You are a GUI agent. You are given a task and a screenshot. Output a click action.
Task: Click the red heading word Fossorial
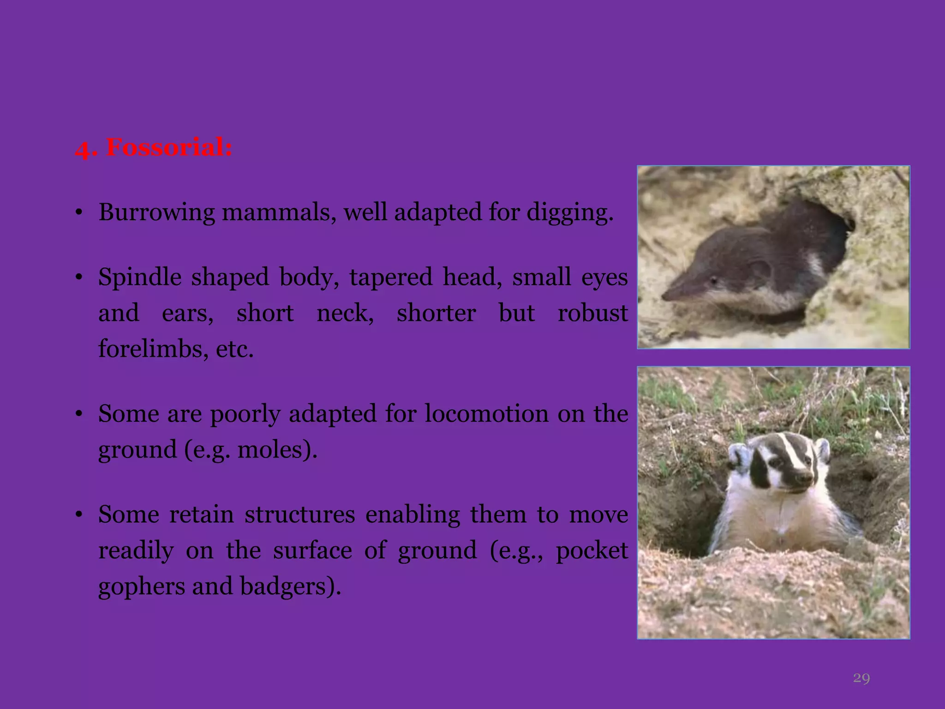(x=169, y=148)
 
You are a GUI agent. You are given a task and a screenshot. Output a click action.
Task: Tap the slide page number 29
(x=861, y=678)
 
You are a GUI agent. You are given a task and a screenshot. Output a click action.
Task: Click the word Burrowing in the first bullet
(x=156, y=213)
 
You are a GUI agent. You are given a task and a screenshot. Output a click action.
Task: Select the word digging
(x=569, y=213)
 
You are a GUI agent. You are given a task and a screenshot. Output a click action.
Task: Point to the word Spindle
(x=137, y=277)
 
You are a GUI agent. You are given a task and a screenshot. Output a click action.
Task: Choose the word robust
(x=592, y=313)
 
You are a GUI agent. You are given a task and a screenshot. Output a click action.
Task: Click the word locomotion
(x=486, y=414)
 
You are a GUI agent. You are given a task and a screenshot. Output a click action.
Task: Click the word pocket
(x=592, y=550)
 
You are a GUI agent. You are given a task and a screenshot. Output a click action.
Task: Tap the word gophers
(x=142, y=586)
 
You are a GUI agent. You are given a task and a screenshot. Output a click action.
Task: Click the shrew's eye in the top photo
(x=713, y=280)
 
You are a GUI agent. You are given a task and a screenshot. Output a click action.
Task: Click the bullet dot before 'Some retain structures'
(x=79, y=514)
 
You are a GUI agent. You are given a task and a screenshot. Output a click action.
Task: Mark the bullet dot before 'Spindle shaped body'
(x=79, y=277)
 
